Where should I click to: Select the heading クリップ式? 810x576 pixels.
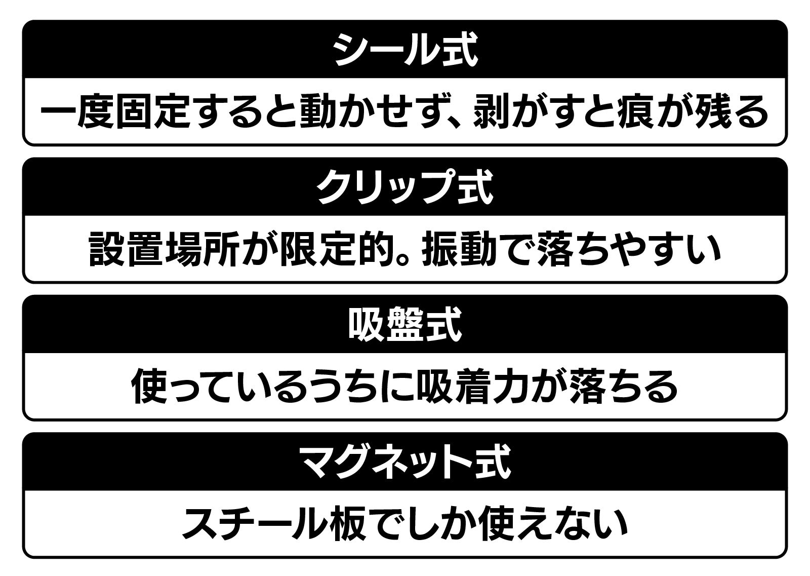click(405, 187)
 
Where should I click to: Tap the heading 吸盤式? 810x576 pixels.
click(405, 325)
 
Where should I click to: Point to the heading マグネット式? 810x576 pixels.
click(405, 462)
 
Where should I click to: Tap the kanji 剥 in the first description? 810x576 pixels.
click(492, 111)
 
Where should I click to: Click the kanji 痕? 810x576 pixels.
click(636, 111)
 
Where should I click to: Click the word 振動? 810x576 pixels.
click(458, 249)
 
